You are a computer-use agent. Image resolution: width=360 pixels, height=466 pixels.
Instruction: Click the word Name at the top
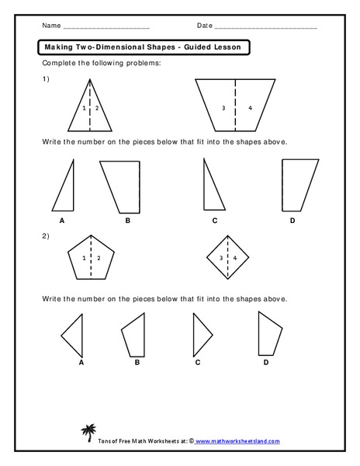(51, 26)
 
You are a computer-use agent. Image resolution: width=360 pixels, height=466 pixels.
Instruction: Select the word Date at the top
(205, 26)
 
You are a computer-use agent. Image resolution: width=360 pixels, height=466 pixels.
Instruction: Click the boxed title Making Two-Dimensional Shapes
(142, 47)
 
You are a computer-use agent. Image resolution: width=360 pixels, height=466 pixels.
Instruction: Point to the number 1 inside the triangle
(85, 108)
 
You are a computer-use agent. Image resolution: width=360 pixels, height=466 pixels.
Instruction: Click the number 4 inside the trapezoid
(250, 108)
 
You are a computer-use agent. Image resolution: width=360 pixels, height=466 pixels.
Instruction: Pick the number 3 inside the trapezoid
(223, 108)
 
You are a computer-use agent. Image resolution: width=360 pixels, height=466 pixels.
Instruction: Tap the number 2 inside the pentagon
(99, 257)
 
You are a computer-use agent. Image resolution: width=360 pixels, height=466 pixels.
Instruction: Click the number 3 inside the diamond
(221, 257)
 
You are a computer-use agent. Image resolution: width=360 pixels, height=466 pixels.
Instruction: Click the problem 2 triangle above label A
(74, 333)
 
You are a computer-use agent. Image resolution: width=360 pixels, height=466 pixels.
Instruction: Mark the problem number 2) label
(47, 235)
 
